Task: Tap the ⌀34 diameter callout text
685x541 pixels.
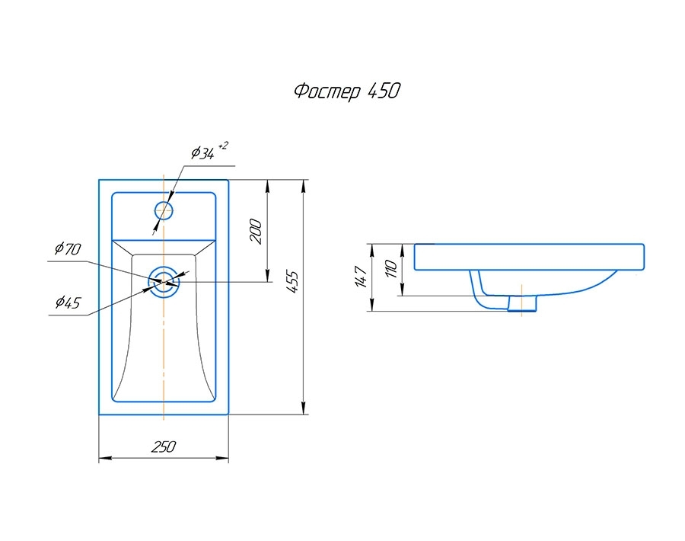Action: coord(202,153)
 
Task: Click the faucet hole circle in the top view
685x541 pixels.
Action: coord(164,210)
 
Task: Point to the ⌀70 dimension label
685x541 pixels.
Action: coord(67,249)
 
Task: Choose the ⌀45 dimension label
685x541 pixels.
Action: coord(67,303)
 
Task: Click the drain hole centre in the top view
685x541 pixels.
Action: coord(164,281)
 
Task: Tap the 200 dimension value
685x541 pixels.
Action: coord(256,231)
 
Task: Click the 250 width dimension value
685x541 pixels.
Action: coord(163,447)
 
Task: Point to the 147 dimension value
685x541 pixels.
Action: coord(360,277)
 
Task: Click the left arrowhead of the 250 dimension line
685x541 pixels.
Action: coord(104,459)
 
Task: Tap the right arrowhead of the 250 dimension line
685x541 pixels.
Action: coord(224,459)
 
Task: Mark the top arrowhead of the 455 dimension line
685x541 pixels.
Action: coord(304,184)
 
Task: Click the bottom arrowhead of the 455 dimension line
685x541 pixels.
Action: coord(304,410)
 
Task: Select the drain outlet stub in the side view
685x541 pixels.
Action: coord(521,304)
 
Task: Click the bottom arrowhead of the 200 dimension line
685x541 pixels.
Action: coord(267,277)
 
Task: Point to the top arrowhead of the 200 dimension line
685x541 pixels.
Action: coord(267,184)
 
